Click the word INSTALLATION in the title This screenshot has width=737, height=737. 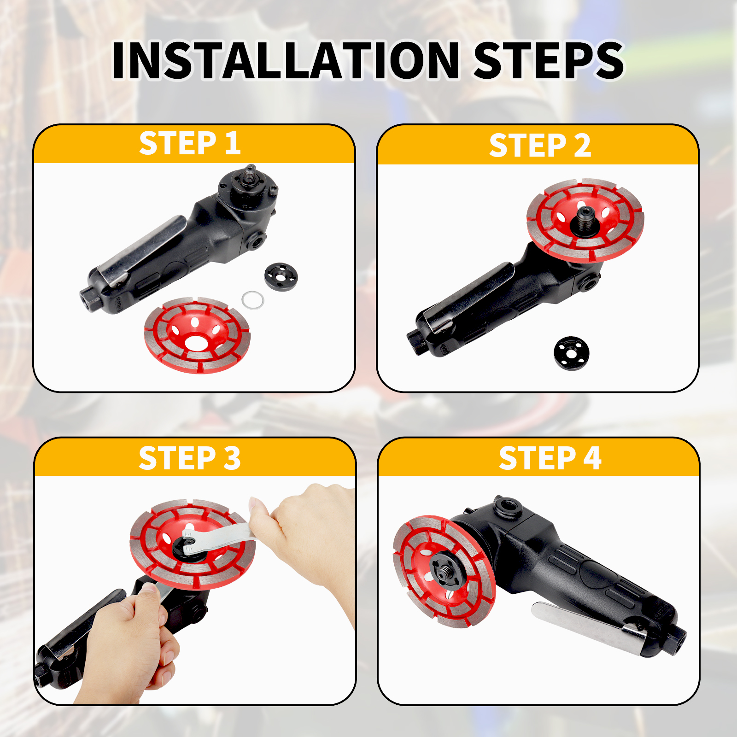[286, 60]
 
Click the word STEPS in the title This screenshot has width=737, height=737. [549, 60]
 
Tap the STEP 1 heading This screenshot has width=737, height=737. [190, 143]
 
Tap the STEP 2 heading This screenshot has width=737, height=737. [540, 146]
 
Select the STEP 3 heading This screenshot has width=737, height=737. [190, 458]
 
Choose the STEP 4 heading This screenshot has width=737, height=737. [550, 458]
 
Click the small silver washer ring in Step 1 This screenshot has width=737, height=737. [253, 300]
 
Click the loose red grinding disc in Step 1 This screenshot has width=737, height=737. [197, 335]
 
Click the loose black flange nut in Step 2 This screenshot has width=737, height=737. [572, 353]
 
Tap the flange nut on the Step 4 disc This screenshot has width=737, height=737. [442, 569]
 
